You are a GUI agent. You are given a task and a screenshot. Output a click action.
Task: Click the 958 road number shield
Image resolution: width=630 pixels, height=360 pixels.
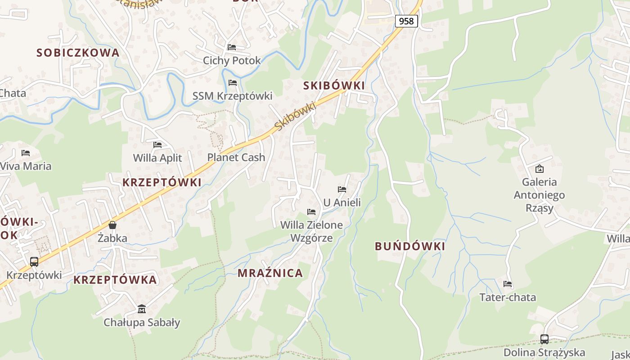(406, 21)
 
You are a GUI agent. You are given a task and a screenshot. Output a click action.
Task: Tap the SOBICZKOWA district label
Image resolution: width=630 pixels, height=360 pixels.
(78, 53)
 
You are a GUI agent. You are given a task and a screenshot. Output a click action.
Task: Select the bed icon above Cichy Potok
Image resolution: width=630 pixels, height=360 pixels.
(232, 47)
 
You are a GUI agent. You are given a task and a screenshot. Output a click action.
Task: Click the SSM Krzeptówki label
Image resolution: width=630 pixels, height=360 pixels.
(232, 96)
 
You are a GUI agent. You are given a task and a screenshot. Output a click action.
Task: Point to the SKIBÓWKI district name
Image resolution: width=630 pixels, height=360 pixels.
(334, 85)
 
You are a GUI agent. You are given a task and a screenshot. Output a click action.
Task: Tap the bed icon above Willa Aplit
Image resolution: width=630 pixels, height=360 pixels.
(157, 145)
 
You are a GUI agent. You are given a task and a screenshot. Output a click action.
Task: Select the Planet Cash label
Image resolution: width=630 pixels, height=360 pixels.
(236, 157)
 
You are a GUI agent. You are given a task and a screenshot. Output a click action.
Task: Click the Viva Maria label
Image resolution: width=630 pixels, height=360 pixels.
(26, 166)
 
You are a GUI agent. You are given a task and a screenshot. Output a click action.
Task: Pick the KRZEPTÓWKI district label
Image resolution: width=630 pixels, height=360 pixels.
(162, 182)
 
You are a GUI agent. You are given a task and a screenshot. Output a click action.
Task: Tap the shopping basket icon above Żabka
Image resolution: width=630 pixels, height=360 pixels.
(112, 225)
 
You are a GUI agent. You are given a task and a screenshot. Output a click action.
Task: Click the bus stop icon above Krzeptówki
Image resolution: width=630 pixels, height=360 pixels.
(34, 261)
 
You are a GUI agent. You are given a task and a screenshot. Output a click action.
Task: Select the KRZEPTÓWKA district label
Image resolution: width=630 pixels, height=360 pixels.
(115, 280)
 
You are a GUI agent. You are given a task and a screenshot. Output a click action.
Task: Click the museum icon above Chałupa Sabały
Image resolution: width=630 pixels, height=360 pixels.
(142, 309)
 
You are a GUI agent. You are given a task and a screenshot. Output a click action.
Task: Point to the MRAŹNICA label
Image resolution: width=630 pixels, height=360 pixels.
(270, 273)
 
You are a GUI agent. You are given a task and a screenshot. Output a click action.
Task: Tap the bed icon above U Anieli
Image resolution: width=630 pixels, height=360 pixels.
(342, 189)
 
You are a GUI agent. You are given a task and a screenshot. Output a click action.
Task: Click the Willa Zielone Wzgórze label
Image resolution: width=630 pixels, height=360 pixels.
(311, 231)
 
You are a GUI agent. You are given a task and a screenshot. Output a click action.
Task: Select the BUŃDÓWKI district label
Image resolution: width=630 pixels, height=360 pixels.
(410, 246)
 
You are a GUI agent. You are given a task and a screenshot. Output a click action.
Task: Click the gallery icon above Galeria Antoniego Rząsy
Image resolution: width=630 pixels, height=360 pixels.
(539, 169)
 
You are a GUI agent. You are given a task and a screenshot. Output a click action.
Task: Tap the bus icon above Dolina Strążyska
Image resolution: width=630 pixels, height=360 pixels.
(544, 339)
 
